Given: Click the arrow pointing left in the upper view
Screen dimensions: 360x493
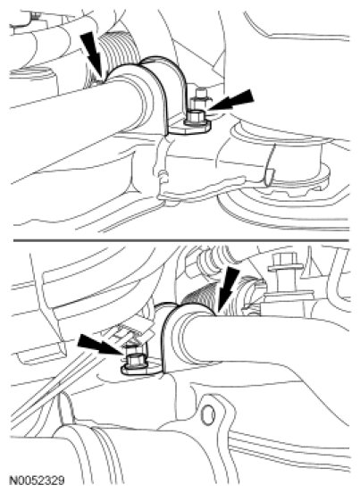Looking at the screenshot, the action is coord(231,99).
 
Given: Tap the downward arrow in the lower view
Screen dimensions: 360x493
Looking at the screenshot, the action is coord(226,290).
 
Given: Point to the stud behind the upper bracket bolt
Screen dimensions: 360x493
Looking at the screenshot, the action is coord(198,98).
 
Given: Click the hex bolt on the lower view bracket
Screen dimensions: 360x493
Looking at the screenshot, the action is coord(135,360).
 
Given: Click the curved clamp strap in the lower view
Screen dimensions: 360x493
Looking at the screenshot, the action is coord(167,333).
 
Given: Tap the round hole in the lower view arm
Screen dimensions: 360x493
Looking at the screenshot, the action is coord(208,415).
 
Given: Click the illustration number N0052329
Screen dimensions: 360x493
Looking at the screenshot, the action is coord(38,480).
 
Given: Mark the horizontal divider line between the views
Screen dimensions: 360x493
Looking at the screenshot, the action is coord(181,240).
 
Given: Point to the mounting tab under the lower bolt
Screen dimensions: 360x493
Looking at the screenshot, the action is coord(141,371).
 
